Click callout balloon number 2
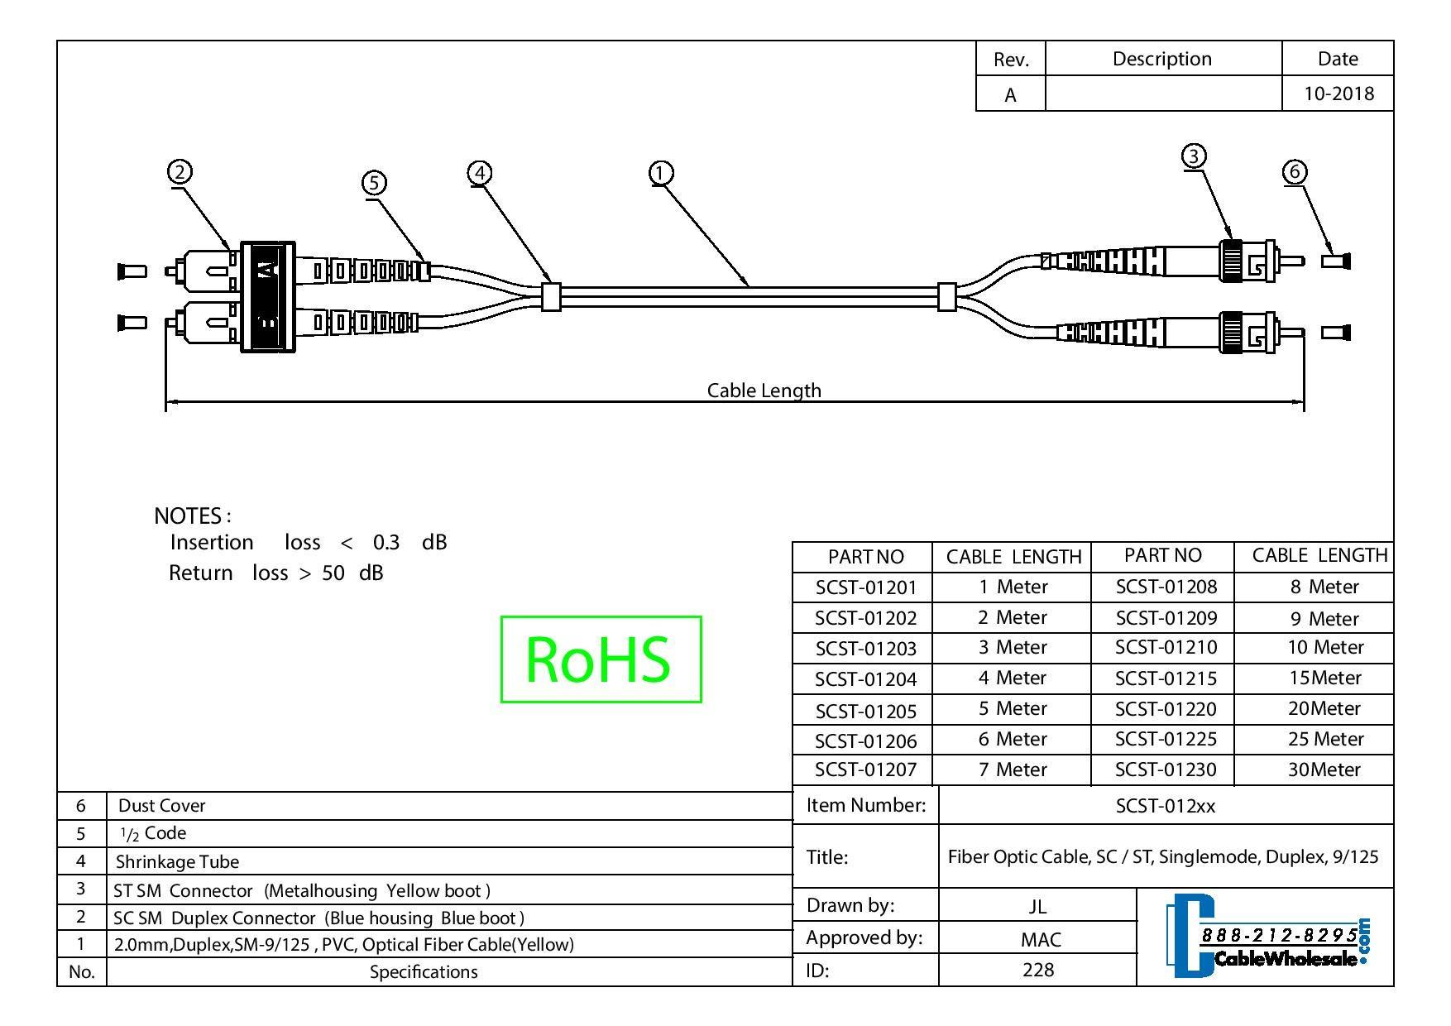click(180, 172)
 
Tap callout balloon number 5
click(374, 182)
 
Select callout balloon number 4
click(480, 173)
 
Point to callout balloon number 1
click(660, 173)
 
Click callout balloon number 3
click(1193, 156)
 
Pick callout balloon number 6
click(1295, 171)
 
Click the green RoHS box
click(601, 659)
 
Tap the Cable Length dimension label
click(764, 390)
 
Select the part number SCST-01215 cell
click(1166, 678)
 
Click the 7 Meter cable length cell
click(1013, 769)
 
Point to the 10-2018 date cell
click(1338, 93)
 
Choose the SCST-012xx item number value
click(1165, 805)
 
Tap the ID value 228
click(1037, 970)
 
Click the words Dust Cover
click(162, 805)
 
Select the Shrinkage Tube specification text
click(177, 861)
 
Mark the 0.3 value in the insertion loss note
click(385, 542)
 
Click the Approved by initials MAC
click(1037, 939)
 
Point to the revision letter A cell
click(1010, 95)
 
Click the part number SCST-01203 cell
click(865, 648)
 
